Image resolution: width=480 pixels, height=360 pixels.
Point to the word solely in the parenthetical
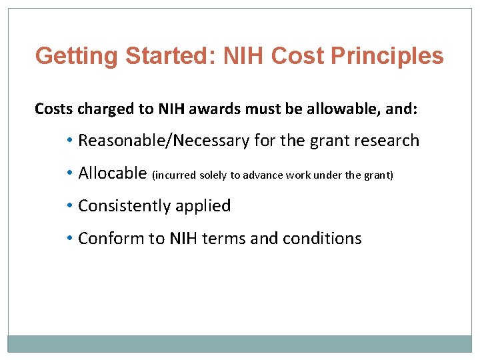click(213, 175)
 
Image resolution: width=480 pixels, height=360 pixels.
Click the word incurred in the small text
click(175, 175)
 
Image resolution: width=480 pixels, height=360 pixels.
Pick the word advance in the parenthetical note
click(263, 175)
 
